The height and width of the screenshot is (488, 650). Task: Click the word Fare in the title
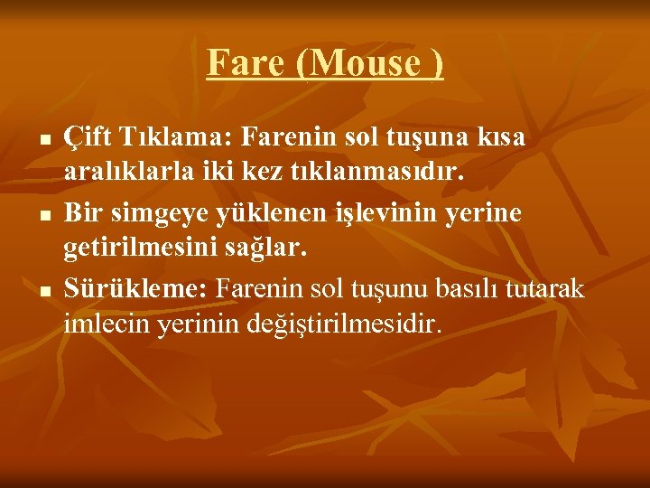(237, 63)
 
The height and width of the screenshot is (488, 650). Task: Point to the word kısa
(504, 138)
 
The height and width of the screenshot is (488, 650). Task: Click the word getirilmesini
(134, 249)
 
